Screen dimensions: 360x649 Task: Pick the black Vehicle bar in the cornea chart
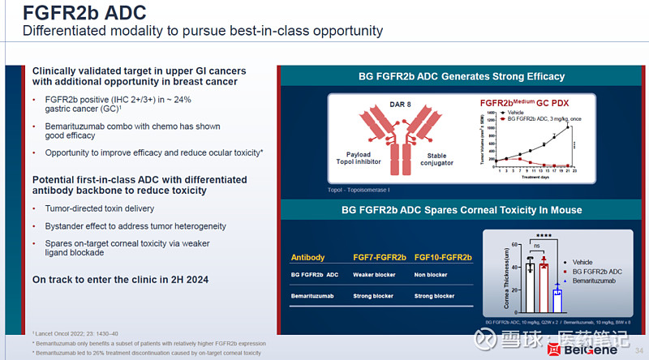pos(530,288)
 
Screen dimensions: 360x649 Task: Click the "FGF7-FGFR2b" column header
pos(380,258)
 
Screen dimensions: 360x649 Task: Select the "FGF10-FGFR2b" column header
pos(443,258)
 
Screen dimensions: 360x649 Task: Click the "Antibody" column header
pos(307,258)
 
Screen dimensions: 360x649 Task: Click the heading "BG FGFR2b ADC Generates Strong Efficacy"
pos(462,76)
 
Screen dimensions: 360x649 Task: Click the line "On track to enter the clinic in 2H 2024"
pos(120,280)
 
